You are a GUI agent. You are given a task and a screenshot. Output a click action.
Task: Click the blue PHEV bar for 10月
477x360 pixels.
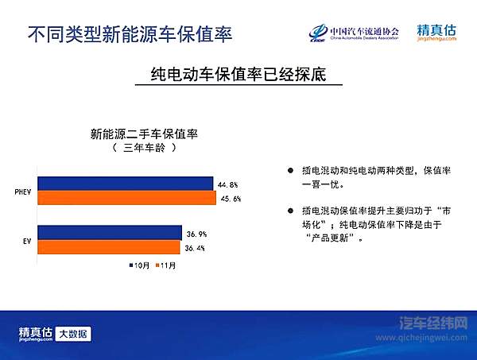126,184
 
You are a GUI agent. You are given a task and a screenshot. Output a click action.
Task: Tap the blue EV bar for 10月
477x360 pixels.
110,232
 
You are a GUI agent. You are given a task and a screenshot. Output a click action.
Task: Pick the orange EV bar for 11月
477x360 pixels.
109,246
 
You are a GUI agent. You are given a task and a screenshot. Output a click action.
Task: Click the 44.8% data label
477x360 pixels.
228,184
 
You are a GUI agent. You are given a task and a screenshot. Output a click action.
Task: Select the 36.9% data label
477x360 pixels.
196,233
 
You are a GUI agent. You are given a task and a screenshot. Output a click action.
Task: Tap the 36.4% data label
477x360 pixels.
196,247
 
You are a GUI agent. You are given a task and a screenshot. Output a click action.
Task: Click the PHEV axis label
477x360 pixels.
24,192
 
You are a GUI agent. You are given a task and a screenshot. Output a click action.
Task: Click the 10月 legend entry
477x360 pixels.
141,265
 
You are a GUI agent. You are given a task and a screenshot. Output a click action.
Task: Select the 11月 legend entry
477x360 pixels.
165,265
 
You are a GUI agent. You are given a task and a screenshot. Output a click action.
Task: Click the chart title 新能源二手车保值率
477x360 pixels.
144,134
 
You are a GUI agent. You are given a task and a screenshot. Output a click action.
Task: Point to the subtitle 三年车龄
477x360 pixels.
144,148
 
